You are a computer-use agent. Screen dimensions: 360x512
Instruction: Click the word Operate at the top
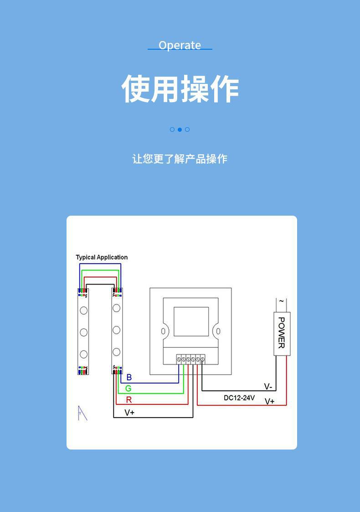[x=180, y=45]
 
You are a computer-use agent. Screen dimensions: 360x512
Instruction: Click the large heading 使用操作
[x=180, y=89]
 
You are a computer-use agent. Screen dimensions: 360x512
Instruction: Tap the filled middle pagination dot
[x=180, y=129]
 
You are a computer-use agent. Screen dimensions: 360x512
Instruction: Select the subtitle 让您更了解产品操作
[x=180, y=159]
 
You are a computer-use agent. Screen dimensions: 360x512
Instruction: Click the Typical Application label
[x=102, y=257]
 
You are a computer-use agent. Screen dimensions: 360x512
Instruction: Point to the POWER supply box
[x=281, y=333]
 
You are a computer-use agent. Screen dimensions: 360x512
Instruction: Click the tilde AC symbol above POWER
[x=281, y=301]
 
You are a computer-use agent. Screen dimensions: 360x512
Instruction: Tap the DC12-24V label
[x=239, y=398]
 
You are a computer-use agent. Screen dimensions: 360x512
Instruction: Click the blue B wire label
[x=129, y=378]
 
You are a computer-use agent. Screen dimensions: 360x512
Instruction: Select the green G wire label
[x=129, y=388]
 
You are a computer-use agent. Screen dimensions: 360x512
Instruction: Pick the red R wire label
[x=129, y=400]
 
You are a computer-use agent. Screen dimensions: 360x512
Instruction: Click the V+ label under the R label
[x=129, y=413]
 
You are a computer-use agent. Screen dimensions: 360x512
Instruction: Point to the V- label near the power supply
[x=268, y=387]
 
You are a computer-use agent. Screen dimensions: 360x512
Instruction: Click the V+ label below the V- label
[x=270, y=402]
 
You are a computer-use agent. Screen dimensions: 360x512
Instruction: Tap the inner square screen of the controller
[x=191, y=321]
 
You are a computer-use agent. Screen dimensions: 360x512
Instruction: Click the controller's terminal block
[x=190, y=359]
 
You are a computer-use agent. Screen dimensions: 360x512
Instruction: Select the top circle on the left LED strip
[x=84, y=310]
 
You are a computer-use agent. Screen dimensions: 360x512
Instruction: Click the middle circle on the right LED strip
[x=117, y=330]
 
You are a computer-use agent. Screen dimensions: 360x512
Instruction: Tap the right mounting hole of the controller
[x=218, y=331]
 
